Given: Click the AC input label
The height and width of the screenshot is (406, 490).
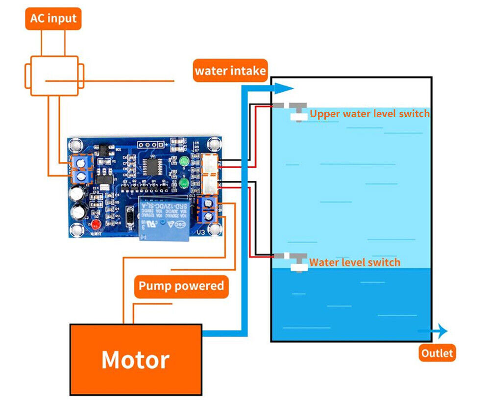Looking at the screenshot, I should coord(53,19).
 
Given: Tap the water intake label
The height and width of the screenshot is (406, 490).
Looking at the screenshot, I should coord(230,71).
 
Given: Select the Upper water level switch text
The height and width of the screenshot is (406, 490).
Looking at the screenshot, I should coord(369,114).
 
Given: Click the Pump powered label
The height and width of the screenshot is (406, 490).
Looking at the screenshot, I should coord(181,286).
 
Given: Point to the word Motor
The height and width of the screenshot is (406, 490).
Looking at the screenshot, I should coord(135,360).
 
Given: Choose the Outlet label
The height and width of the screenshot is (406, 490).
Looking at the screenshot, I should coord(437,353).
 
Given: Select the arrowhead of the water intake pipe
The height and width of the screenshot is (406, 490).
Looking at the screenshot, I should coord(286,88).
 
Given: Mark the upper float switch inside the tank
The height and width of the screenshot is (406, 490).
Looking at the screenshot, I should coord(295,111).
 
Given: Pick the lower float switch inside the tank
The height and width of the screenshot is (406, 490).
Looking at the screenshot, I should coord(296,261).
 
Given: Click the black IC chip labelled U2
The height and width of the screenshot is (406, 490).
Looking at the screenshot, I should coord(152,165).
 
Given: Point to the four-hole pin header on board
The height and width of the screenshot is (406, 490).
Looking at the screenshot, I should coord(148,145).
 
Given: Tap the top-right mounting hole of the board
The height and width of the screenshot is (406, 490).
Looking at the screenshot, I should coord(214,144).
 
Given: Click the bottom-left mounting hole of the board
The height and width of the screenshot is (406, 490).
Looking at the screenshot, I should coord(77,229).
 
